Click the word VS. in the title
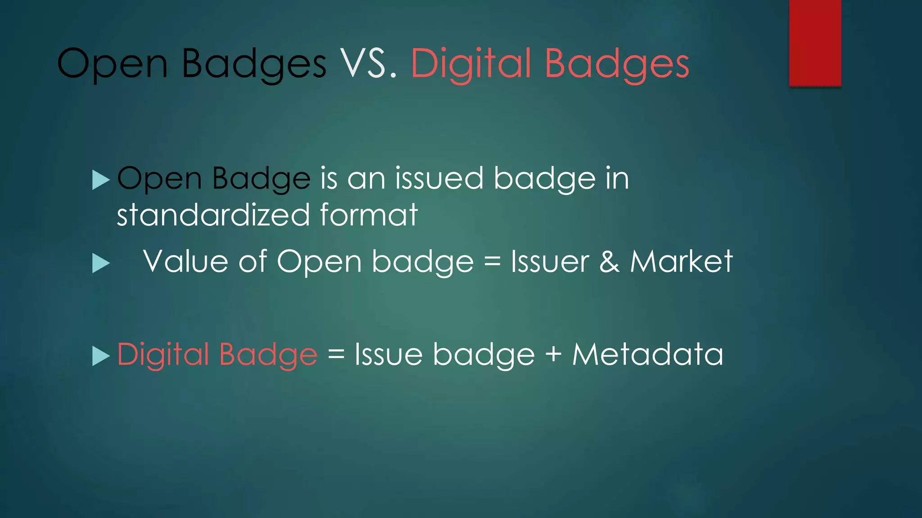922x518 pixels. point(368,64)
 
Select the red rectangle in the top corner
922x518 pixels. point(815,43)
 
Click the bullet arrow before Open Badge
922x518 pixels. point(101,180)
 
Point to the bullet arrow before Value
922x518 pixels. point(101,263)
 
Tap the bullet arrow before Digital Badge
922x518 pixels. point(101,356)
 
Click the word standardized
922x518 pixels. point(213,214)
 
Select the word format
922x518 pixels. point(369,214)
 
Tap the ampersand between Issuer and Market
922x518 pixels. point(609,262)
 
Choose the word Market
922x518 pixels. point(681,262)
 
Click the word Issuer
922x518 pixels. point(550,262)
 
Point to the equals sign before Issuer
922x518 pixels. point(492,262)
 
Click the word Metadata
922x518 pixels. point(647,354)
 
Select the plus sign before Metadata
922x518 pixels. point(553,354)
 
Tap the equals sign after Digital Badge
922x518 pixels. point(336,354)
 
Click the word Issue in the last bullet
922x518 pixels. point(388,354)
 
